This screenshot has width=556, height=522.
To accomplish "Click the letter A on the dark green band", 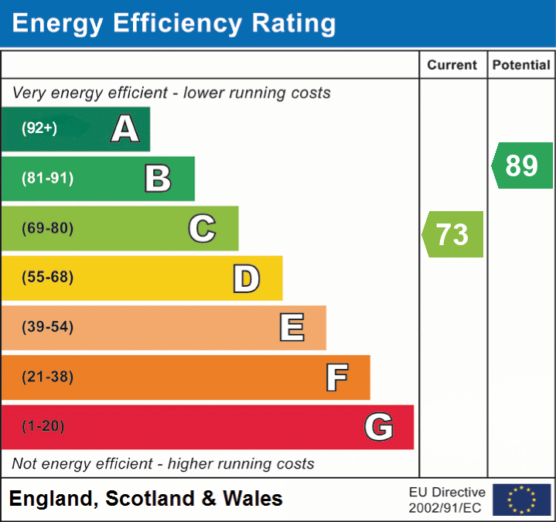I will (125, 128).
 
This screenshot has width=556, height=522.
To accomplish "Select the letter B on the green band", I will (158, 179).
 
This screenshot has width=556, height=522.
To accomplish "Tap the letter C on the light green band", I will (202, 229).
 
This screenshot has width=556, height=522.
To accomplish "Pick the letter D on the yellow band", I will (246, 278).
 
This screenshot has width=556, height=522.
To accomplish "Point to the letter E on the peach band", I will (291, 328).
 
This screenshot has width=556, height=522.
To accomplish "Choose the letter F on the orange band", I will (336, 377).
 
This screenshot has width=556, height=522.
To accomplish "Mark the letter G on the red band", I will (379, 427).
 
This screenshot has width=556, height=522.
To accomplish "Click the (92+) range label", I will (39, 128).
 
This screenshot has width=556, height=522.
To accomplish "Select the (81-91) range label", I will (48, 179).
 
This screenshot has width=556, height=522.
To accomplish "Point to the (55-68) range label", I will (48, 278).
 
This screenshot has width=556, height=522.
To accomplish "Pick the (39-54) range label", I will (48, 327).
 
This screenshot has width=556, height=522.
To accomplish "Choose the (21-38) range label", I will (48, 377).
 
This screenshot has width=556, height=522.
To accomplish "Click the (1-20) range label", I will (43, 426).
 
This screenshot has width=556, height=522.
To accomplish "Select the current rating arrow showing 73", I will (453, 234).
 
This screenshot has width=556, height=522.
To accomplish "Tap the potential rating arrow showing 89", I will (522, 165).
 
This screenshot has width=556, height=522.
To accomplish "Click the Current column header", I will (452, 66).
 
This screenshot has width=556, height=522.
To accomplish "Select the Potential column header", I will (521, 66).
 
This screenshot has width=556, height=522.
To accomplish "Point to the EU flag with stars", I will (521, 500).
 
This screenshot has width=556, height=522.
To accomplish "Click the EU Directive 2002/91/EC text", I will (447, 500).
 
